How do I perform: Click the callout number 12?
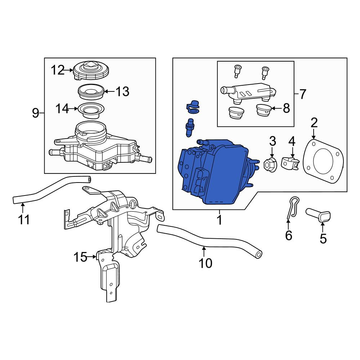[58, 70]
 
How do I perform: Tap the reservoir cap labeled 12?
[91, 71]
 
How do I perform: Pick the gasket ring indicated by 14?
[91, 111]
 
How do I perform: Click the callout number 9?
[36, 113]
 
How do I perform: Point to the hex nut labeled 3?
[271, 164]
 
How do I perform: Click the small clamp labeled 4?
[291, 162]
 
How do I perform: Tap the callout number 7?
[303, 94]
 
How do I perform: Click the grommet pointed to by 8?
[264, 110]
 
